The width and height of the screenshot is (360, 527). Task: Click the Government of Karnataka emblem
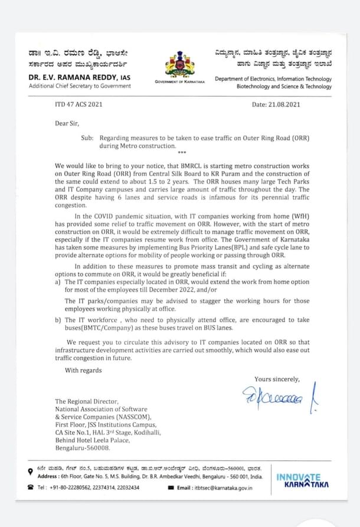tap(180, 63)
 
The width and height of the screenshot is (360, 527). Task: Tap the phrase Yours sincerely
tap(277, 379)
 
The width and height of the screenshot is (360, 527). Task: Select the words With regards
tap(83, 370)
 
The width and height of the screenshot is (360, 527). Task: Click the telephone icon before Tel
tap(30, 487)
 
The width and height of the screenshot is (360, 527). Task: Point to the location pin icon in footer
tap(30, 471)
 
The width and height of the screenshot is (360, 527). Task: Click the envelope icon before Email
tap(171, 487)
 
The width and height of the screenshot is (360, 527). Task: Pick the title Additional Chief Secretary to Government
tap(80, 86)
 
